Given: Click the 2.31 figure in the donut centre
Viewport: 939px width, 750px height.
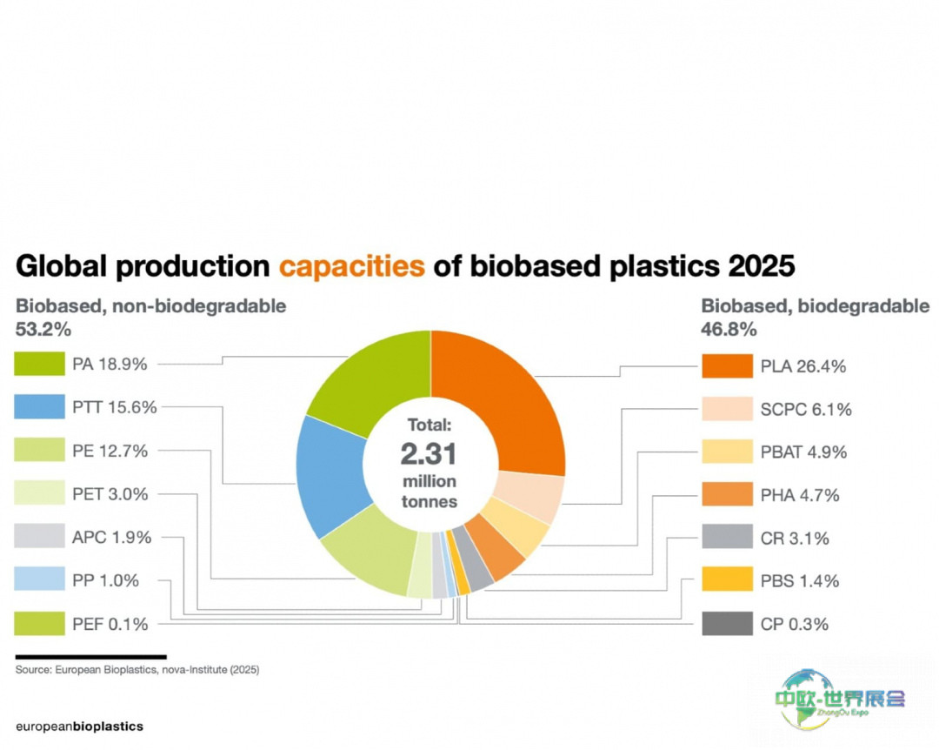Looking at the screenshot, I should click(429, 453).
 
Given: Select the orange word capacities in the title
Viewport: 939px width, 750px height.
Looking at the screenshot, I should click(352, 265).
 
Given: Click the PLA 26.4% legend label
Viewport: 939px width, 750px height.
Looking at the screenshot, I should click(802, 366).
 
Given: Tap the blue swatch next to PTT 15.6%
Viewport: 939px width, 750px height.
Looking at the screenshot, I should click(40, 407).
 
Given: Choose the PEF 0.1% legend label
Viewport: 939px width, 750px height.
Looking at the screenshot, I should click(110, 624).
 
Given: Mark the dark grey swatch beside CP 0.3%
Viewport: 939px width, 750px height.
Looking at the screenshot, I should click(727, 624).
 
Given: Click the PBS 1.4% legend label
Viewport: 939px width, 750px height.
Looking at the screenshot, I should click(799, 580).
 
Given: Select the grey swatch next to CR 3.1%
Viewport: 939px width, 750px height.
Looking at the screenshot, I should click(727, 538).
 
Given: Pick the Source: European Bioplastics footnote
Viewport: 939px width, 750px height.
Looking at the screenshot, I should click(137, 670).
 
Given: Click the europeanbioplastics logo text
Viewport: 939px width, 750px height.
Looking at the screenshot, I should click(79, 726).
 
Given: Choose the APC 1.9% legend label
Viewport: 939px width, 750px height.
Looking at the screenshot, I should click(111, 538).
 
